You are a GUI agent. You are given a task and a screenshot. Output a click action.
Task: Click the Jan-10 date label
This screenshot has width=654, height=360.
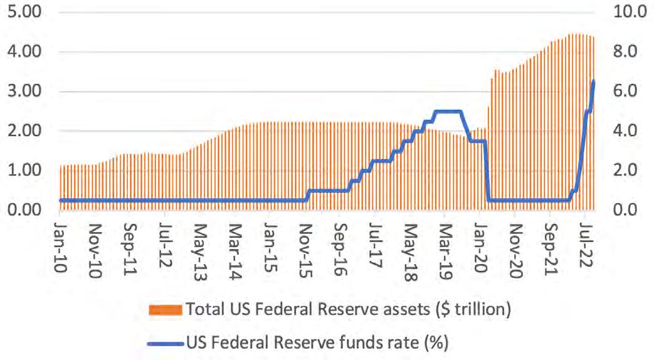pos(61,242)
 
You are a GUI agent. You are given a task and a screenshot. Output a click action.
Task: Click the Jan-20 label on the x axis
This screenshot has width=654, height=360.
pos(481,242)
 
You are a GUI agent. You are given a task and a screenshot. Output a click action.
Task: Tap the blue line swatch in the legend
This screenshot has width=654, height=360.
pos(166,342)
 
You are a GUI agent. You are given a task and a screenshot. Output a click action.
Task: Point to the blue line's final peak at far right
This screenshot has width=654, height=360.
pos(593,82)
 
